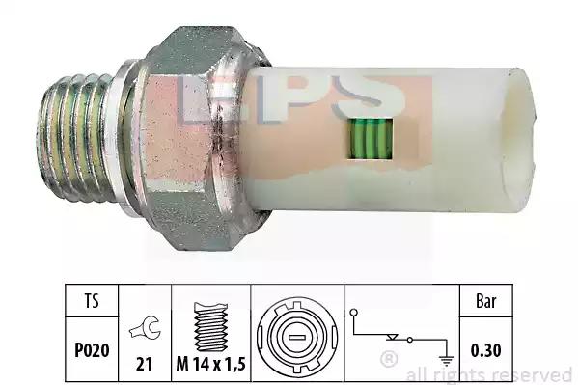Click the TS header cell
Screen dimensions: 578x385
point(92,300)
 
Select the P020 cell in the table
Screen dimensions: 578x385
point(92,349)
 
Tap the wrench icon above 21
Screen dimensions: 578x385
point(145,327)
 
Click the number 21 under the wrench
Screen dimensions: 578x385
point(144,365)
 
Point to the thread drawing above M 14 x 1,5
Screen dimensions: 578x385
point(211,327)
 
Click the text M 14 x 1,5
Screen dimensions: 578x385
point(211,365)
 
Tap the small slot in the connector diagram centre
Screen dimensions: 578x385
point(297,338)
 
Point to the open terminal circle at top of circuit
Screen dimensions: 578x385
point(354,313)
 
